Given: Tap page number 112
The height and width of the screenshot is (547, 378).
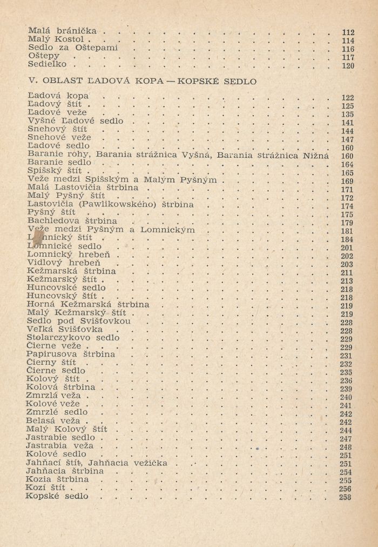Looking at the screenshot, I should point(348,32).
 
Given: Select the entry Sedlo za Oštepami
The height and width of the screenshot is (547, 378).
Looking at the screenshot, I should point(73,48).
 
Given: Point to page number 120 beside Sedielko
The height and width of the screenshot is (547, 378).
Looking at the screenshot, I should point(348,66).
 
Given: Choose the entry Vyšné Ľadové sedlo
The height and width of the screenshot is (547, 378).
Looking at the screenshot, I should point(75,121).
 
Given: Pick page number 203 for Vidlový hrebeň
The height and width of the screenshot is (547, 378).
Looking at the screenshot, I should point(347,264).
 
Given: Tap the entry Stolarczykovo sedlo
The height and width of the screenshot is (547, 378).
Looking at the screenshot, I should point(73,338).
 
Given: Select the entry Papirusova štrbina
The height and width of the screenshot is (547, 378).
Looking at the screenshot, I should point(71,355).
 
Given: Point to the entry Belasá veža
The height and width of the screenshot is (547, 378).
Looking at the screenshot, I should point(53,421).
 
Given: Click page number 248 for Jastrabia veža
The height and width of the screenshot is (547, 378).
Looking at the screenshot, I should point(346,447).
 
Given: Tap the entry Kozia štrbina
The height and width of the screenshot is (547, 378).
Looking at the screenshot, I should point(57,479).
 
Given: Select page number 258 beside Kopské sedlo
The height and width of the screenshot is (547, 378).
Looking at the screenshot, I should point(345,497).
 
